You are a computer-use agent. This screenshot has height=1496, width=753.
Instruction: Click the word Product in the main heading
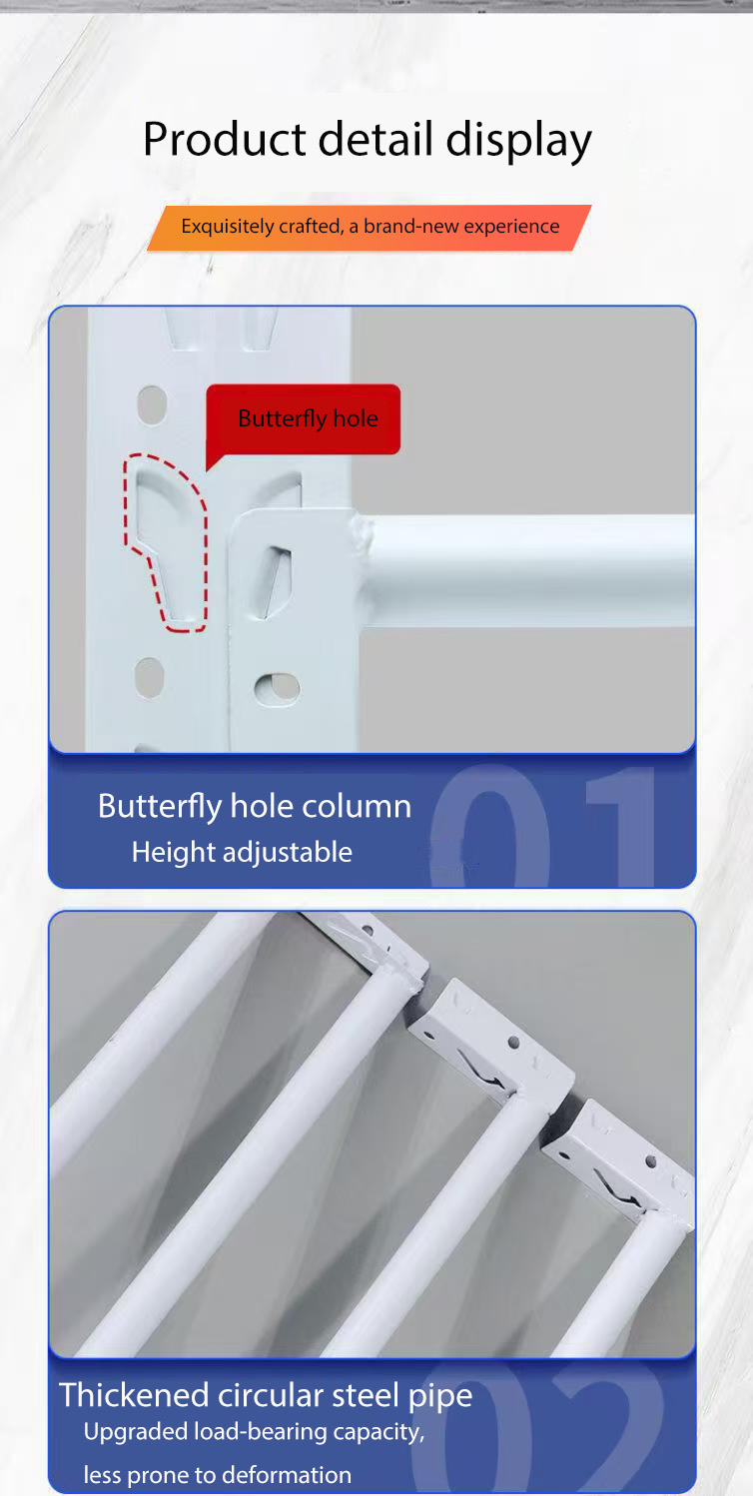point(225,139)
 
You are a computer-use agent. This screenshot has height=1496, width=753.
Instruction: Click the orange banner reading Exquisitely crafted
point(370,228)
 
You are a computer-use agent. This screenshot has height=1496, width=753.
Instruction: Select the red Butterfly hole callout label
point(304,419)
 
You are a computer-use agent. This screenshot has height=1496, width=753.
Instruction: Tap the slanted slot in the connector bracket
point(277,581)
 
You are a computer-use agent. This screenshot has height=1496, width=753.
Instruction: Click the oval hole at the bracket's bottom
point(277,687)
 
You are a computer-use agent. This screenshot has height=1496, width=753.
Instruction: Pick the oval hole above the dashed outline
point(152,404)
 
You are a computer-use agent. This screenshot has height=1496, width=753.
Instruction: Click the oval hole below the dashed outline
point(149,678)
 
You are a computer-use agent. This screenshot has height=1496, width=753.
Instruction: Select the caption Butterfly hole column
point(255,806)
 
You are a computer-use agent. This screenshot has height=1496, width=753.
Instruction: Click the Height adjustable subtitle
point(242,853)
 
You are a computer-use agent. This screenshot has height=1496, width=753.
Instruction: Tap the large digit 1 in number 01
point(621,827)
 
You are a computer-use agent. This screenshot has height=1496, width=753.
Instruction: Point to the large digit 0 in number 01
point(489,827)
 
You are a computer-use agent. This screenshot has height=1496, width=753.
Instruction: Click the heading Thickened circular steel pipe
point(266,1396)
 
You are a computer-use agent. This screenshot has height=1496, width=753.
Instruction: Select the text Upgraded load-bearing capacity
point(254,1432)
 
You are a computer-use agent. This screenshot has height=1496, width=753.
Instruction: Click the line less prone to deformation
point(217,1475)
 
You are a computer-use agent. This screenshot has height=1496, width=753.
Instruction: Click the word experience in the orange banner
point(511,227)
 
